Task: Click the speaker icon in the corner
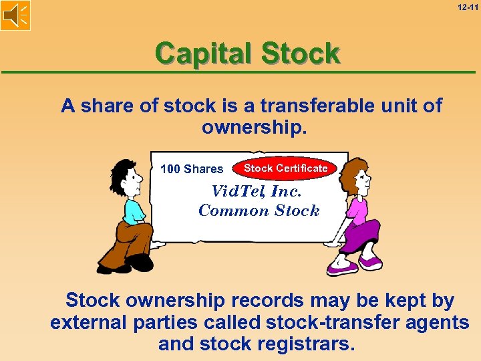15,15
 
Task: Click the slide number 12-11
467,7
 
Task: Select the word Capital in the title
204,53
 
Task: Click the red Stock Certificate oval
285,168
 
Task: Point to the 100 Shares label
192,169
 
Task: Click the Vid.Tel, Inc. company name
256,191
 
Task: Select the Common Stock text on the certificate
259,211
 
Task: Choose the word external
86,322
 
